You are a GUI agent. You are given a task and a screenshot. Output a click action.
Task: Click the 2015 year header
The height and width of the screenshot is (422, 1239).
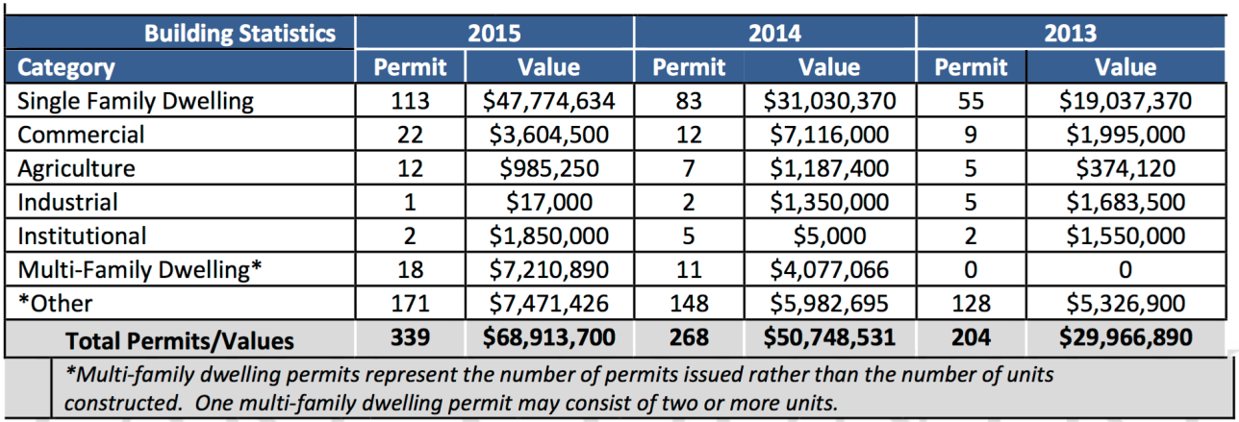pos(494,33)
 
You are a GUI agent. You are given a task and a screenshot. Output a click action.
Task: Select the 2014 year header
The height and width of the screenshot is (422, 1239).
pos(774,33)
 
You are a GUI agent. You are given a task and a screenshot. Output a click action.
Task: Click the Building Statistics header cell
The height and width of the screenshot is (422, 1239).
pos(240,33)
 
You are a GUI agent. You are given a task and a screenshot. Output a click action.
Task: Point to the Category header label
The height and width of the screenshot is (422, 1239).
pos(66,67)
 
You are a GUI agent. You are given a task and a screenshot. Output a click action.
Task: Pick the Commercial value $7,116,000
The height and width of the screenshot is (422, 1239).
pos(830,135)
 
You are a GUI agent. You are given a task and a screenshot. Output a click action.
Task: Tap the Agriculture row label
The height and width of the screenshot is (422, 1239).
pos(77,168)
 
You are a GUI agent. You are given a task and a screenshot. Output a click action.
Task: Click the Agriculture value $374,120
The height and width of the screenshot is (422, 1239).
pos(1125,168)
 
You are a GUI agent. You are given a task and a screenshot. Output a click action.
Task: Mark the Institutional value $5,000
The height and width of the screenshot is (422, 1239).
pos(830,236)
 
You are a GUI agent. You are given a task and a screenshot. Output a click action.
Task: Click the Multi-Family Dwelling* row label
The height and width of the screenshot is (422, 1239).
pos(140,270)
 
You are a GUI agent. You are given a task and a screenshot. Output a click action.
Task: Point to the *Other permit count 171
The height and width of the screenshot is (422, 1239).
pos(410,304)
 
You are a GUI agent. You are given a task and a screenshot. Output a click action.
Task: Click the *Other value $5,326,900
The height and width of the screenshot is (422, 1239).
pos(1125,304)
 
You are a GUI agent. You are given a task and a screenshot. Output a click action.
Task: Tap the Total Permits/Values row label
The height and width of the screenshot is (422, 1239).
pos(179,339)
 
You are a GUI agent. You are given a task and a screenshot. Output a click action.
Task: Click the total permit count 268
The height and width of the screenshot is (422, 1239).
pos(689,339)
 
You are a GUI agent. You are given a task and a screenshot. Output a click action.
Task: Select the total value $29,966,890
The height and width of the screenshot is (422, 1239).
pos(1125,339)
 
